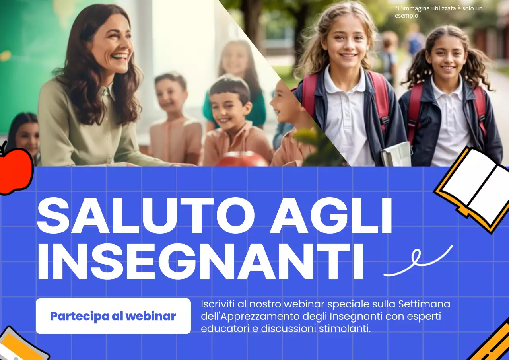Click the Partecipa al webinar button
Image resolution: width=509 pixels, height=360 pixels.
coord(113,316)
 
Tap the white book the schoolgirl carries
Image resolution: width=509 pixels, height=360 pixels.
coord(396,154)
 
